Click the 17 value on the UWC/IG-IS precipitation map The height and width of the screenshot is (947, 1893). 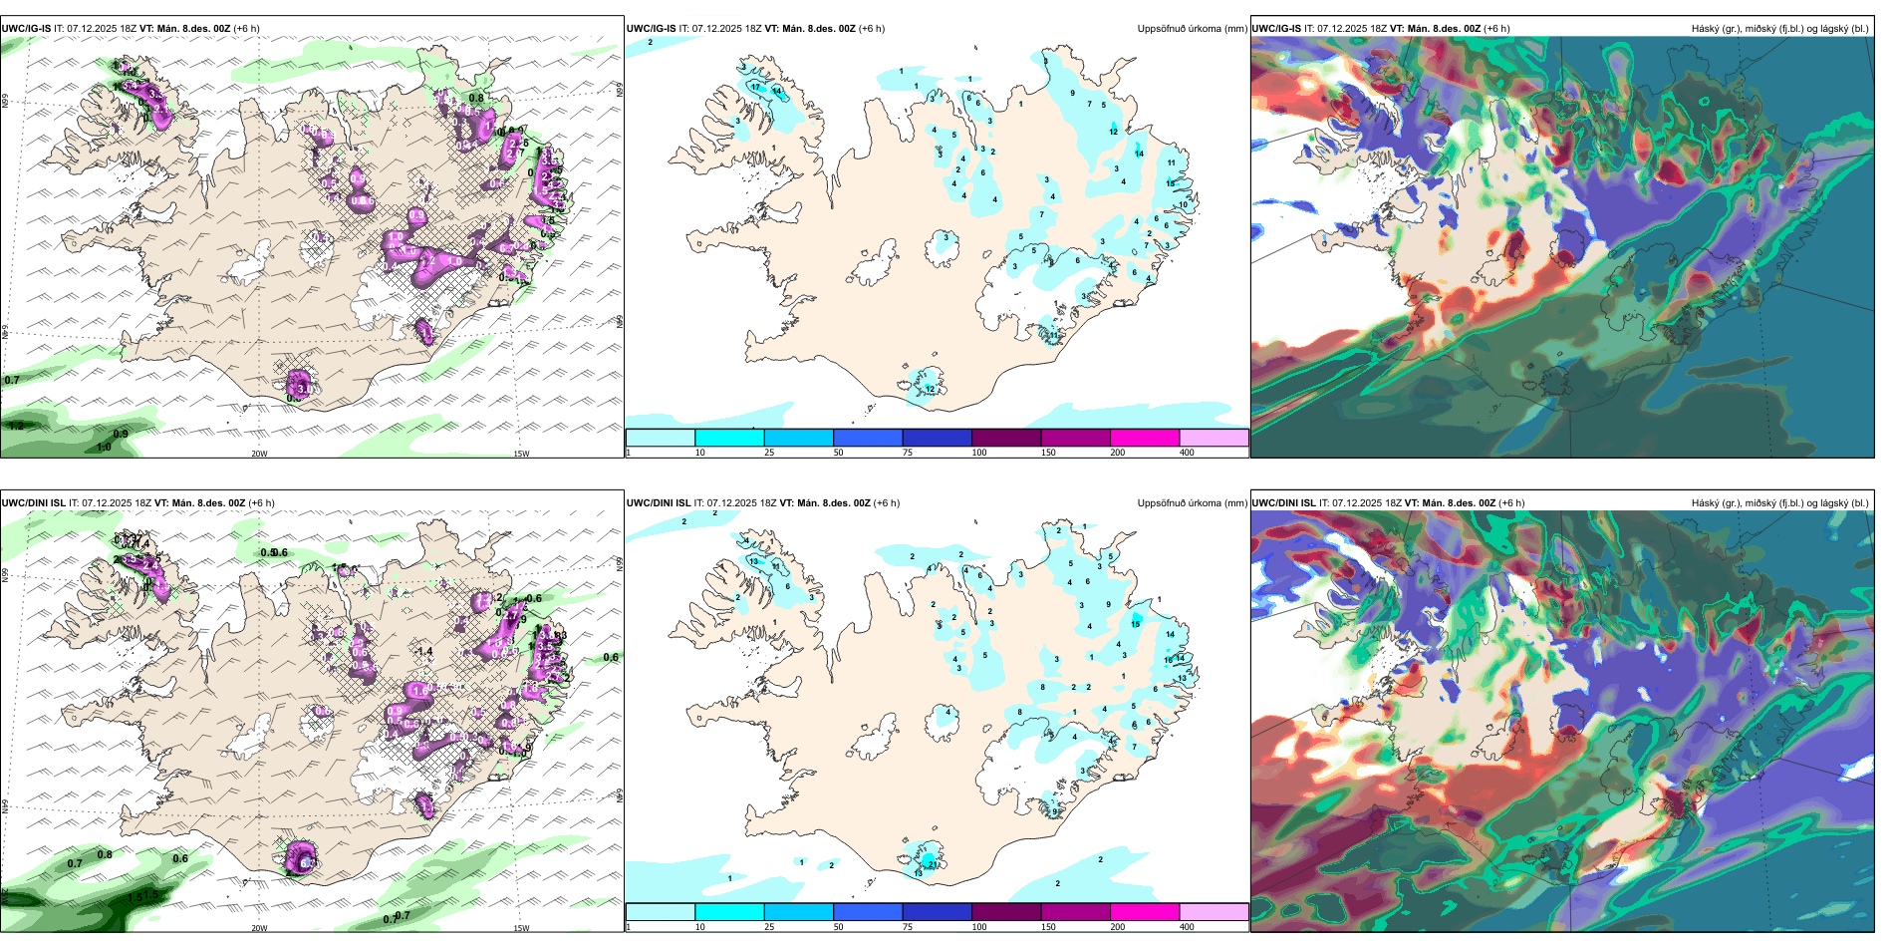coord(756,88)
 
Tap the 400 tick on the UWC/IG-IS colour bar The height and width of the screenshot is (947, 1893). coord(1187,453)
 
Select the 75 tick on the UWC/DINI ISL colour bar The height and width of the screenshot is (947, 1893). coord(908,927)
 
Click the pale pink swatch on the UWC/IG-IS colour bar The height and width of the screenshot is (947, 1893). coord(1214,438)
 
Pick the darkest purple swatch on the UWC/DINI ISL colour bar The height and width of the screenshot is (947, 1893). coord(1006,912)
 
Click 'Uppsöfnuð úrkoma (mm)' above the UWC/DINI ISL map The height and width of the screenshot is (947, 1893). coord(1192,503)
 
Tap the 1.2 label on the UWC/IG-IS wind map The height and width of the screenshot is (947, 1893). coord(16,426)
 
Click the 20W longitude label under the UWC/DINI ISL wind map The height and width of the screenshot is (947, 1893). coord(259,928)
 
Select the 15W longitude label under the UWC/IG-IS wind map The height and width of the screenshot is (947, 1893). coord(521,454)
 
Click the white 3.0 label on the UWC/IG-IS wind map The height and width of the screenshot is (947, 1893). coord(305,389)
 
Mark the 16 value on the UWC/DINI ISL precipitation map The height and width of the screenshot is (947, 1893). coord(1169,660)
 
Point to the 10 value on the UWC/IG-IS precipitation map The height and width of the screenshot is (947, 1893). coord(1184,205)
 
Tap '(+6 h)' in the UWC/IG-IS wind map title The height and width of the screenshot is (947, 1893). coord(246,29)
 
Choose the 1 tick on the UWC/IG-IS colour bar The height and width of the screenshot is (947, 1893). coord(629,453)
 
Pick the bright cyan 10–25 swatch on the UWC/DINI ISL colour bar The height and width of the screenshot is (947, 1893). coord(729,912)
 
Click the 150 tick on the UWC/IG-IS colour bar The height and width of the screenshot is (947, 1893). coord(1048,453)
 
